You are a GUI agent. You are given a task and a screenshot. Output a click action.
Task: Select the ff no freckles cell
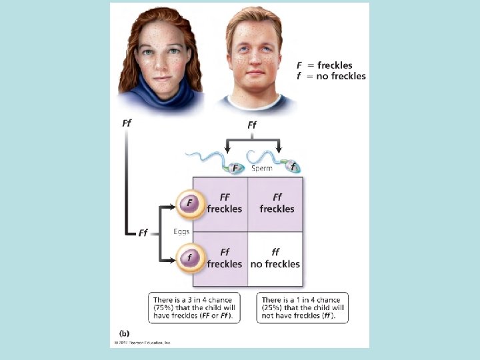point(275,258)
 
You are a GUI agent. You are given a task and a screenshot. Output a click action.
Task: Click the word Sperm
point(261,169)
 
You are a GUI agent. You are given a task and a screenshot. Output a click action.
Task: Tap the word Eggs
point(181,231)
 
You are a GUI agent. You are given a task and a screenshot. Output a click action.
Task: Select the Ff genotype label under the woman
point(127,123)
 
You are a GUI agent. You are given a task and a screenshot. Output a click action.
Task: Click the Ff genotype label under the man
point(252,125)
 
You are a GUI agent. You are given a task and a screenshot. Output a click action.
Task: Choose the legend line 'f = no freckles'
point(331,76)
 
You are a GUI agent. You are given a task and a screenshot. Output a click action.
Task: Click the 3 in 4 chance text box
point(194,308)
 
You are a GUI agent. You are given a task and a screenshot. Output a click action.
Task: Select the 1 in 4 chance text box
point(302,308)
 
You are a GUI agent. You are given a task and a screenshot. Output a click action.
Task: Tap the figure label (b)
point(125,332)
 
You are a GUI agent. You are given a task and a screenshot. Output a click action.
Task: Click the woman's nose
point(161,62)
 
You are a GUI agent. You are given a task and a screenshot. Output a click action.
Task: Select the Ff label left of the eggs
point(143,233)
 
